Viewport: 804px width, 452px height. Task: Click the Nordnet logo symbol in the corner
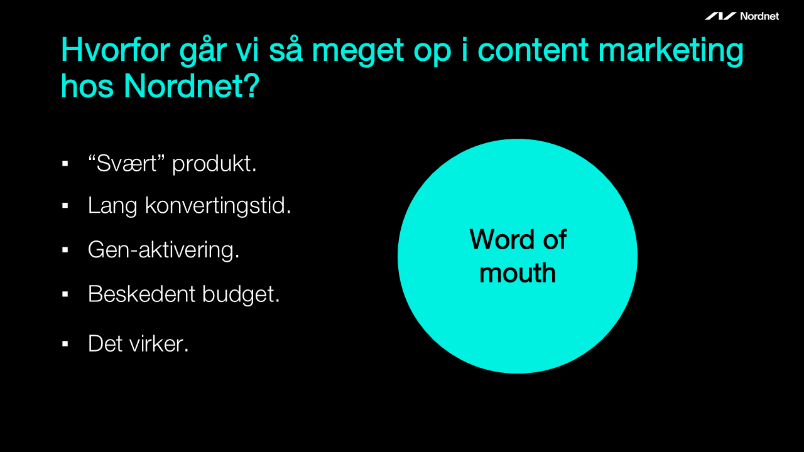tap(720, 16)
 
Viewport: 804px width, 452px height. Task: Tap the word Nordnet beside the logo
tap(759, 16)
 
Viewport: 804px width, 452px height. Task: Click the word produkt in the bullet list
tap(214, 164)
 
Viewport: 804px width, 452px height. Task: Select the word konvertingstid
tap(218, 206)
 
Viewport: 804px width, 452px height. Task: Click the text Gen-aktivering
tap(164, 250)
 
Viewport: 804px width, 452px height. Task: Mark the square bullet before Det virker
tap(65, 344)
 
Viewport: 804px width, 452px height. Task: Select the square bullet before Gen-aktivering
tap(65, 250)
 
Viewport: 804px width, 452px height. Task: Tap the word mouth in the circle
tap(518, 273)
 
